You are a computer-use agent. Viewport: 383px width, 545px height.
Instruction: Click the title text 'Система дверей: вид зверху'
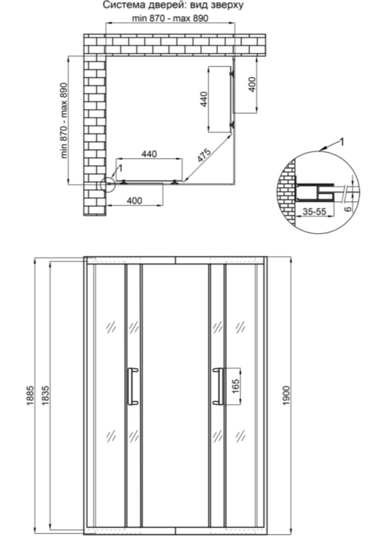coord(172,5)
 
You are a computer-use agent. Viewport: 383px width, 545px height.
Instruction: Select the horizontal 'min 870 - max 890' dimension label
coord(170,18)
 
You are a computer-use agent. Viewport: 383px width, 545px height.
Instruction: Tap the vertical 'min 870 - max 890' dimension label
coord(64,120)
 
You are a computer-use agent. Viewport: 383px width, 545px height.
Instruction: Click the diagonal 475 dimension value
coord(204,155)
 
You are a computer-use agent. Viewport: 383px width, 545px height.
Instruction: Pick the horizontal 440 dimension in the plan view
coord(149,153)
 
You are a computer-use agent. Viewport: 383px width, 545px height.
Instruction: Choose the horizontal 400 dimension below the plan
coord(134,201)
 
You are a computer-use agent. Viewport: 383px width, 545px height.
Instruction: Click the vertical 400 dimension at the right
coord(252,84)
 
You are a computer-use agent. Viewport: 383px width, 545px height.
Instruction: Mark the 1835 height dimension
coord(45,395)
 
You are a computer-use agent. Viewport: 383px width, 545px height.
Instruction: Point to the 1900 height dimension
coord(286,395)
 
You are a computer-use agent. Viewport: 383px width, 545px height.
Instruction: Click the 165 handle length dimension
coord(236,386)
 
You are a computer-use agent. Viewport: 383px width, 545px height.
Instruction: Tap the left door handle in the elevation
coord(132,386)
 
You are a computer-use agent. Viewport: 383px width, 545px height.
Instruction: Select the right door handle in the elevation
coord(218,386)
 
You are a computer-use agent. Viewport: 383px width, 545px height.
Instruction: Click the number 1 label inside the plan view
coord(120,168)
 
